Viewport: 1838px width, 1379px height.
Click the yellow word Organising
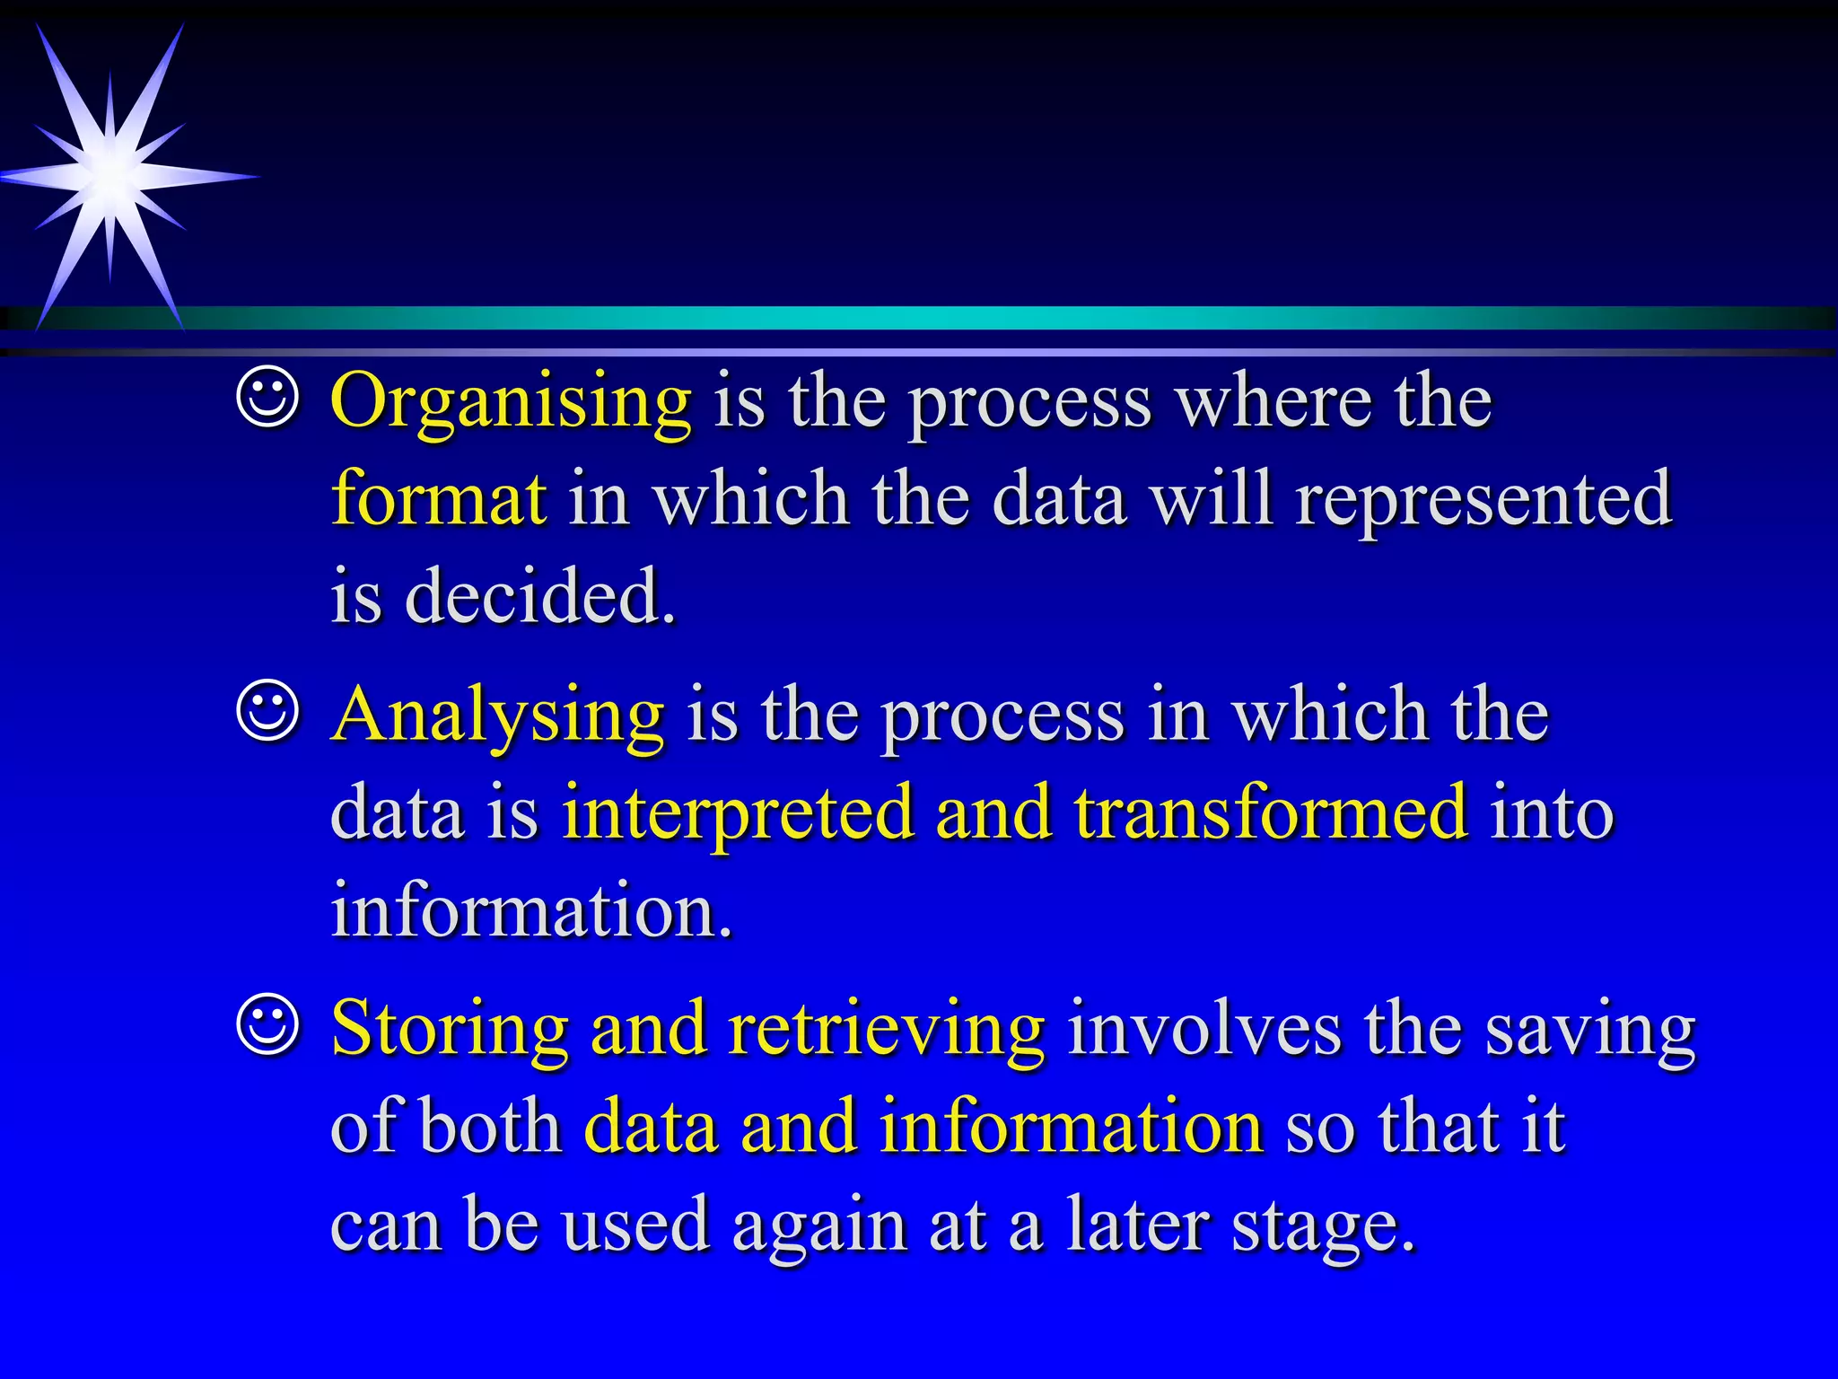(511, 401)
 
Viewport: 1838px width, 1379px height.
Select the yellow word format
(438, 498)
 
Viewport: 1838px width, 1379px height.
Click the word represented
(1484, 500)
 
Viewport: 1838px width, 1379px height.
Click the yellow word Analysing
(498, 715)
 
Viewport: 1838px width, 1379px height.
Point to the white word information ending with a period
(531, 909)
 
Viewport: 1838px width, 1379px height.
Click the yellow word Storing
(450, 1028)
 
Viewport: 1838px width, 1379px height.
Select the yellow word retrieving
(887, 1028)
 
